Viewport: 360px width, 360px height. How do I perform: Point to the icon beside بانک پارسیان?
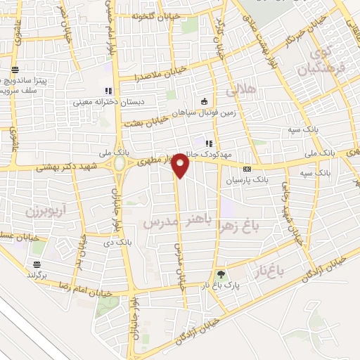(x=247, y=169)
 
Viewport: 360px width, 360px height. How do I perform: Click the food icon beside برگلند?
(x=37, y=264)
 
